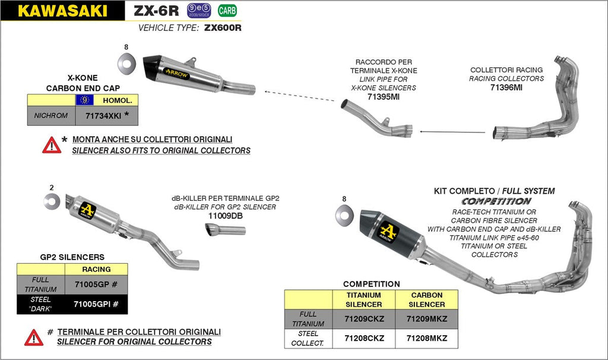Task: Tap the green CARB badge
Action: [x=226, y=10]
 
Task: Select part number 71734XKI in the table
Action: [x=102, y=115]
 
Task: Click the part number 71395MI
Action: [x=383, y=96]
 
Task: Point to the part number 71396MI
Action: [x=506, y=87]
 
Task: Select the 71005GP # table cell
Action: [x=96, y=285]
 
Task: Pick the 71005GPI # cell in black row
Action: [x=96, y=304]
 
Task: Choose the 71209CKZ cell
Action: [x=365, y=318]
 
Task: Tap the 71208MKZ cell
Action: [x=426, y=338]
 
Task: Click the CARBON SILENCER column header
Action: [x=426, y=299]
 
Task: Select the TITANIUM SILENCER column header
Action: [x=365, y=299]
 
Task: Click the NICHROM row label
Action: [x=52, y=115]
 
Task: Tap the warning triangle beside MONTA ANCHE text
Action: [x=52, y=145]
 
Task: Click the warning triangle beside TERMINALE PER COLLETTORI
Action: [x=34, y=337]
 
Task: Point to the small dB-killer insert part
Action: [x=226, y=230]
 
